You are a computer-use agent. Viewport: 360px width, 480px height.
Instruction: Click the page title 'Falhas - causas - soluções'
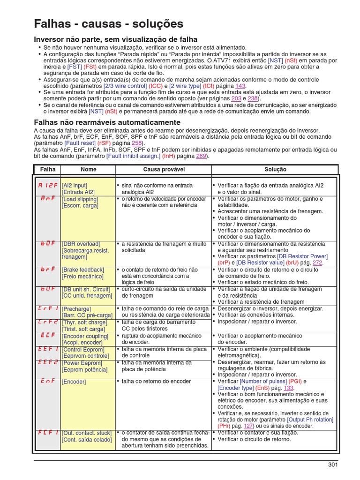click(x=109, y=24)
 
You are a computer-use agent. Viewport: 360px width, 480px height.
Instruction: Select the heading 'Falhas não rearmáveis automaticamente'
click(x=107, y=122)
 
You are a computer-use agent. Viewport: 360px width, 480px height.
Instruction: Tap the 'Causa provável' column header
click(x=164, y=169)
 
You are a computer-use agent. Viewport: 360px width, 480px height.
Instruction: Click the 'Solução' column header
click(x=275, y=169)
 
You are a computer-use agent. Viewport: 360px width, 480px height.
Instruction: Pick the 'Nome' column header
click(x=89, y=169)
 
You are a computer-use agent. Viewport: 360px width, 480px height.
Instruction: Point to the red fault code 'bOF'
click(x=47, y=244)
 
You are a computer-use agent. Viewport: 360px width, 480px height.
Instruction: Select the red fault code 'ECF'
click(x=47, y=336)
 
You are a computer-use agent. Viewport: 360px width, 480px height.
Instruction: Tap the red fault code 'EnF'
click(x=47, y=382)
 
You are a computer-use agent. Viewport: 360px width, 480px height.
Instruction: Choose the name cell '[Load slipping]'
click(x=80, y=199)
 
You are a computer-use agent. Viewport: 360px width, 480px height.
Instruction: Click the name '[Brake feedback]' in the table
click(x=83, y=270)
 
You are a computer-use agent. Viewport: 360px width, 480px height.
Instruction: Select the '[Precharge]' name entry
click(x=75, y=309)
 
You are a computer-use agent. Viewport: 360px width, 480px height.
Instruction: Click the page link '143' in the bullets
click(x=240, y=86)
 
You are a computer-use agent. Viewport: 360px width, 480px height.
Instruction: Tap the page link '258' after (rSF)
click(x=136, y=143)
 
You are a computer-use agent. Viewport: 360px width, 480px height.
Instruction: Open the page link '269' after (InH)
click(x=201, y=156)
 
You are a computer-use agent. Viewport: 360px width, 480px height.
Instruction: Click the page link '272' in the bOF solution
click(x=317, y=263)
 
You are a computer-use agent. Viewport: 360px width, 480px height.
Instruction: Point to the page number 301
click(x=332, y=465)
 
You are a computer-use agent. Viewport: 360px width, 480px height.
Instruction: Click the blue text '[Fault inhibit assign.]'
click(x=134, y=156)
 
